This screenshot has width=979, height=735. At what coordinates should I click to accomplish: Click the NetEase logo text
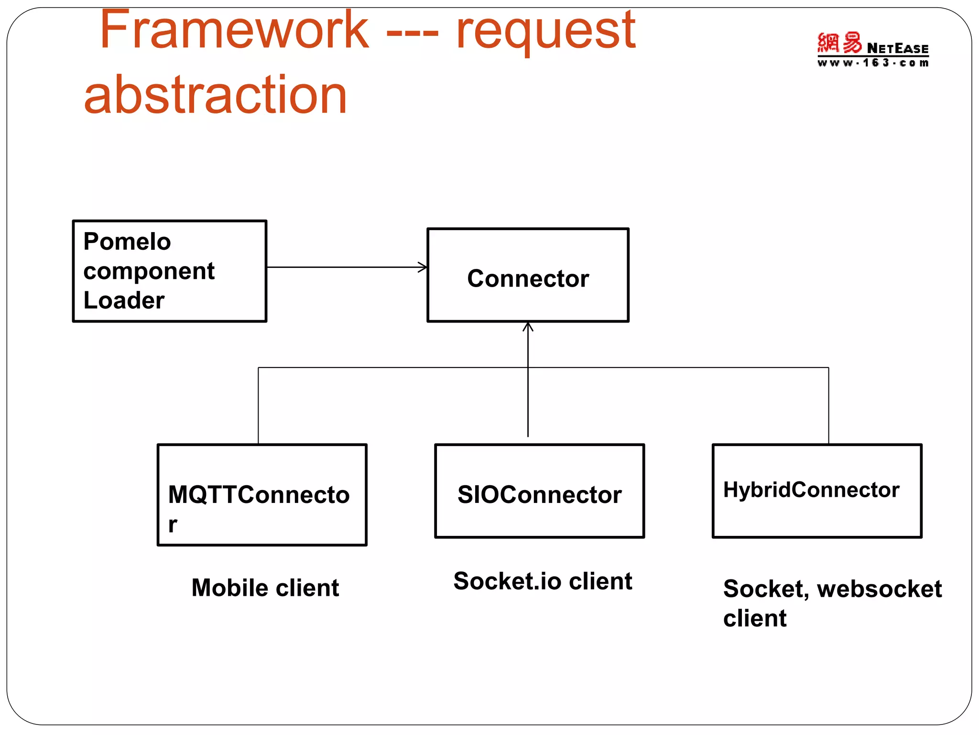click(897, 48)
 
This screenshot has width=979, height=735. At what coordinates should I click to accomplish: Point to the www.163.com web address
click(873, 63)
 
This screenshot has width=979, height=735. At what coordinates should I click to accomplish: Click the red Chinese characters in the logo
click(839, 43)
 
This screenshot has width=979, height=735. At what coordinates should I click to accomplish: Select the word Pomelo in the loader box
click(127, 241)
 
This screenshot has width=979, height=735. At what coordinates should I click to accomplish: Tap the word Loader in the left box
click(124, 301)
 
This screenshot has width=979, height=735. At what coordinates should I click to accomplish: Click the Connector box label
click(528, 278)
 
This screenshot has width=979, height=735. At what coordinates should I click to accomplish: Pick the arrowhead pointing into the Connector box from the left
click(423, 267)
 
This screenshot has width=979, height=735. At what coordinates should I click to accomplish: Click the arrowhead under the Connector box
click(528, 327)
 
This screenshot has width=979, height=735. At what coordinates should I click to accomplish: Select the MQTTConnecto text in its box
click(259, 495)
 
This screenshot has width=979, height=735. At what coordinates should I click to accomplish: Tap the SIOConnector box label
click(539, 495)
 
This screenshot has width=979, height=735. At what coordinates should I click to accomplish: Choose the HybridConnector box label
click(811, 490)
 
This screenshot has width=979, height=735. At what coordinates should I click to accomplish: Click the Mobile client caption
click(265, 588)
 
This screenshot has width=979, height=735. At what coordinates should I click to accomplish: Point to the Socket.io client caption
click(543, 581)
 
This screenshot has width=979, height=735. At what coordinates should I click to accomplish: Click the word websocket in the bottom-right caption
click(879, 589)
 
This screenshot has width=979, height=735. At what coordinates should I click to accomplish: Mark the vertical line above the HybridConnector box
click(828, 406)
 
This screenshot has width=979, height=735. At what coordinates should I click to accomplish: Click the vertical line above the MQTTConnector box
click(258, 406)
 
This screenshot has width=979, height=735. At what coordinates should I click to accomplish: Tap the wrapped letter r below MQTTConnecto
click(173, 525)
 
